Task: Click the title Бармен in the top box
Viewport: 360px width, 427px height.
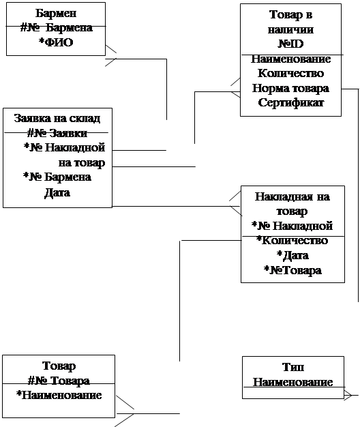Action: (56, 13)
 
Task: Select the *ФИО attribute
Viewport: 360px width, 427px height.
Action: (56, 42)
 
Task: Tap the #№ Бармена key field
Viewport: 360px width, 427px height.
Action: (57, 27)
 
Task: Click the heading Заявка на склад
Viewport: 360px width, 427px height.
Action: (57, 119)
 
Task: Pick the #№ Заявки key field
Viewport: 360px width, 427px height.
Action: (57, 133)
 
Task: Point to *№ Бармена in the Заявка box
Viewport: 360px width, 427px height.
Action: (57, 177)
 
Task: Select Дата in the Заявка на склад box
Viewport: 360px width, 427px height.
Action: (57, 193)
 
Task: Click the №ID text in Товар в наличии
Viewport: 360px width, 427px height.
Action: (290, 44)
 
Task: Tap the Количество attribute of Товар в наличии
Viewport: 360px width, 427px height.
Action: (290, 73)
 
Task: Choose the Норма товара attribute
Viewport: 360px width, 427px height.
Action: (290, 88)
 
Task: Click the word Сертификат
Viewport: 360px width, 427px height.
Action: (290, 103)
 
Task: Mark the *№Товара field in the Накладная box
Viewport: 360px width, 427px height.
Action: (292, 270)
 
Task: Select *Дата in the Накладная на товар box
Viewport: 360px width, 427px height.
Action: (292, 255)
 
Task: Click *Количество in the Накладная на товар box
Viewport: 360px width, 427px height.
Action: (292, 241)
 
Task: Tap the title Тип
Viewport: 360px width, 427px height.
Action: (293, 368)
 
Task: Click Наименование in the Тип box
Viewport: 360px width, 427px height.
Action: (293, 382)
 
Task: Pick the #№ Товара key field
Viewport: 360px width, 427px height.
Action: (59, 381)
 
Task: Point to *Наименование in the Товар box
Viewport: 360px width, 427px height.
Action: (59, 395)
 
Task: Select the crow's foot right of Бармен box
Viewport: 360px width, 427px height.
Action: (110, 55)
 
